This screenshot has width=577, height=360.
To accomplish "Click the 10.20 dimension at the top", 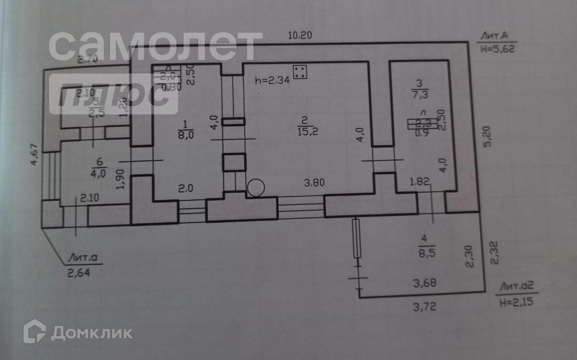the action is [x=300, y=35].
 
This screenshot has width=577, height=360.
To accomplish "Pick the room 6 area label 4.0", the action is [x=99, y=174].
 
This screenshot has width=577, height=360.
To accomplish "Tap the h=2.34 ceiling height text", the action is [x=272, y=80].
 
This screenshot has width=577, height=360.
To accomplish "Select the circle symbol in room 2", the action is [x=256, y=187].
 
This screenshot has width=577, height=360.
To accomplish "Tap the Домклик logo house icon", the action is [x=35, y=331].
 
